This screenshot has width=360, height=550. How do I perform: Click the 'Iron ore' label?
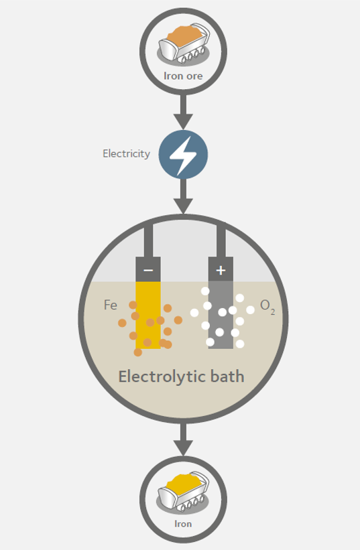pos(183,76)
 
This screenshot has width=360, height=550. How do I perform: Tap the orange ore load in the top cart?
pos(184,34)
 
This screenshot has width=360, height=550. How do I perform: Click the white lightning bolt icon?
pos(183,155)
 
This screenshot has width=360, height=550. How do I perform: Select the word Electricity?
pos(126,153)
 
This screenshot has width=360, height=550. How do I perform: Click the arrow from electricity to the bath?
pos(183,196)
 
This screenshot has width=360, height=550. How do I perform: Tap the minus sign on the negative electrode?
pos(148,270)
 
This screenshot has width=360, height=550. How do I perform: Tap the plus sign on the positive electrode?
pos(221,270)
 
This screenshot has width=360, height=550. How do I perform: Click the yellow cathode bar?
pos(148,315)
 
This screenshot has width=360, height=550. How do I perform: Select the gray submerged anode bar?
pos(221,315)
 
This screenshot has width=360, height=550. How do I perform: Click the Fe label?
pos(110,305)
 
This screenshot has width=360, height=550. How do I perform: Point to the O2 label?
pos(267,306)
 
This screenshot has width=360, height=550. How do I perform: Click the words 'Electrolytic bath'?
pos(181,376)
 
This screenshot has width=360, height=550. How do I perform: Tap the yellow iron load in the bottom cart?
pos(184,482)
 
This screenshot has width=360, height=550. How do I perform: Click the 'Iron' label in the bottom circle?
pos(183,524)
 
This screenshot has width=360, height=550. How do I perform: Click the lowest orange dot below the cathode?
pos(138,352)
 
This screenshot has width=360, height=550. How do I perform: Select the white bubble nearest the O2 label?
pos(250,310)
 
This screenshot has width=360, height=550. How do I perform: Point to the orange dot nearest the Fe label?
pos(133,305)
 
